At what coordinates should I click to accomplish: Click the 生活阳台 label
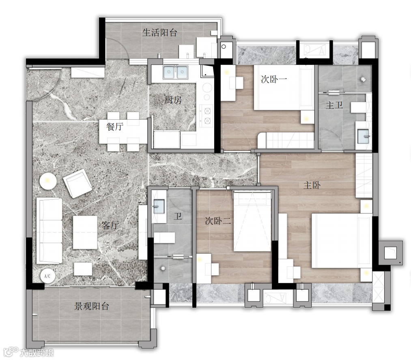coord(159,32)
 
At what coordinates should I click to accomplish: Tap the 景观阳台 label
coord(91,306)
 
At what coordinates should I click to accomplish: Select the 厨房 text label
coord(173,100)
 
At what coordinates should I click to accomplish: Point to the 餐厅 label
coord(114,127)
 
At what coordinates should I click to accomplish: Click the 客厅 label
coord(110,225)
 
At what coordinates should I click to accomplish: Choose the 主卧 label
coord(312,185)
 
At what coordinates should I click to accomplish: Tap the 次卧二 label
coord(218,221)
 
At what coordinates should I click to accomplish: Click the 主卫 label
coord(334,105)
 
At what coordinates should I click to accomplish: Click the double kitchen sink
coord(176,72)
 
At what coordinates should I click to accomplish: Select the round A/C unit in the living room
coord(48,276)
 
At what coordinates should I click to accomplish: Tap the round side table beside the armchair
coord(48,181)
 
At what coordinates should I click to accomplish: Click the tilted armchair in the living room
coord(77,183)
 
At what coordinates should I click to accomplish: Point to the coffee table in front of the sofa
coord(85,232)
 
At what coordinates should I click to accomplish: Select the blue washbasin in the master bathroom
coord(363,136)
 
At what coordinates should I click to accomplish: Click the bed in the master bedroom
coord(342,241)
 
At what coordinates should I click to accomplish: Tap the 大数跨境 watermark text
coord(37,353)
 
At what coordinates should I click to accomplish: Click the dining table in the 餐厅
coord(123,131)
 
